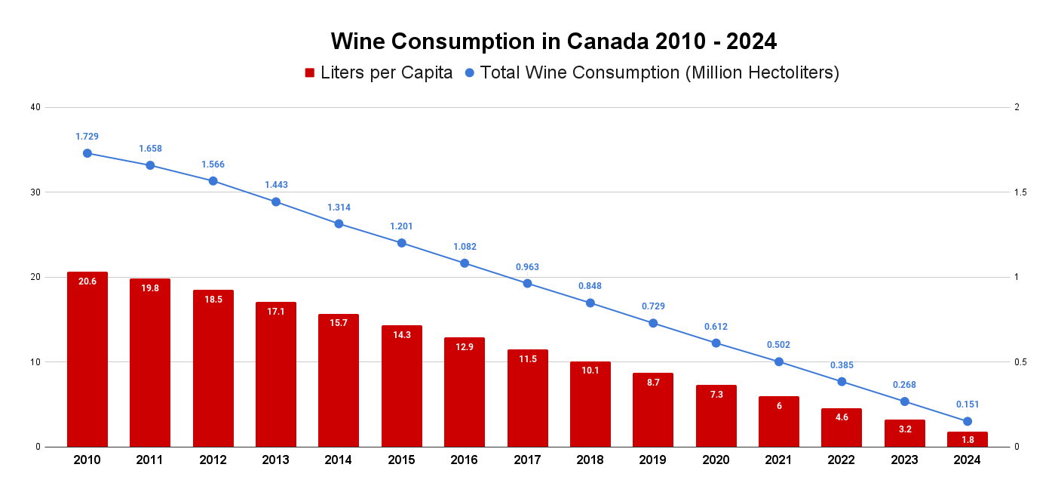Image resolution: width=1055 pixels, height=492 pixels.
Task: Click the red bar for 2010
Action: coord(87,359)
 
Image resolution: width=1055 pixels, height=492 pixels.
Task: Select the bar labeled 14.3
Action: coord(401,386)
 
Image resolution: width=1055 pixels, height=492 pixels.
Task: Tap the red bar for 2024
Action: coord(968,439)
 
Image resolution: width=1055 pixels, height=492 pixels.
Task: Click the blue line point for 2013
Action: coord(276,201)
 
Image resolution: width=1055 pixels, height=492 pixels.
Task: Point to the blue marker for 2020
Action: coord(716,343)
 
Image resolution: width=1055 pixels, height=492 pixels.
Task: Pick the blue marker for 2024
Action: coord(968,421)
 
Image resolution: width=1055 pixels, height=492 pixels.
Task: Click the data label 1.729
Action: coord(87,137)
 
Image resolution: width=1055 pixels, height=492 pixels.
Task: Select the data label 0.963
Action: coord(527,267)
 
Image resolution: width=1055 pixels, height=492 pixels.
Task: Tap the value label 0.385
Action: coord(842,365)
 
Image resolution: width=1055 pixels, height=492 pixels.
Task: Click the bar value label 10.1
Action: coord(590,370)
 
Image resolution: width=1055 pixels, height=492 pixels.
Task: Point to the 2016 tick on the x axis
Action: coord(465,460)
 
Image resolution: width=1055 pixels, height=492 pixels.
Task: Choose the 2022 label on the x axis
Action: coord(842,460)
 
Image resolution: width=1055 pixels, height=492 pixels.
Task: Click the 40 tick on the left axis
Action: coord(35,107)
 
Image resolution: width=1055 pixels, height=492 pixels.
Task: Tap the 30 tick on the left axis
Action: coord(35,192)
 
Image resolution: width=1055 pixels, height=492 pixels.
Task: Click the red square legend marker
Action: coord(309,73)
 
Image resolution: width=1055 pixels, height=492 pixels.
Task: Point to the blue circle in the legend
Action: coord(469,73)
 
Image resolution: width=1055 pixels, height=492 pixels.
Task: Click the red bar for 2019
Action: coord(653,410)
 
